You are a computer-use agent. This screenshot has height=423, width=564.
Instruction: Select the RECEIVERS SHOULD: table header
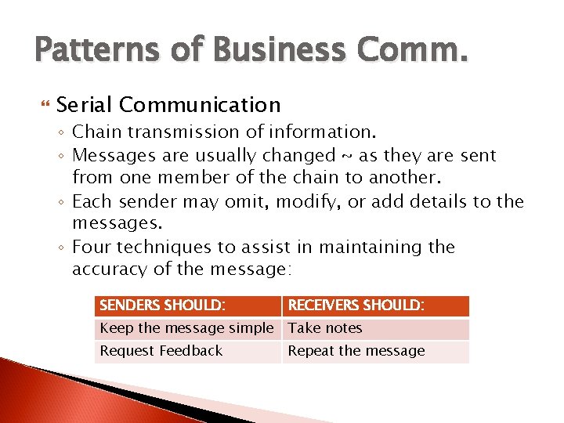point(356,305)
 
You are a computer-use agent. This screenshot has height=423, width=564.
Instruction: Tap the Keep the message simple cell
point(186,328)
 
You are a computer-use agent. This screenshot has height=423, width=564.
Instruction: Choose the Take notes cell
point(325,328)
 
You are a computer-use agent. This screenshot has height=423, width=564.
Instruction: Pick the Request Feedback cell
point(161,351)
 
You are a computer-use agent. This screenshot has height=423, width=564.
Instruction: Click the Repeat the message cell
point(356,351)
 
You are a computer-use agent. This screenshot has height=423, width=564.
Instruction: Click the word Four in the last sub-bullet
point(93,248)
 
